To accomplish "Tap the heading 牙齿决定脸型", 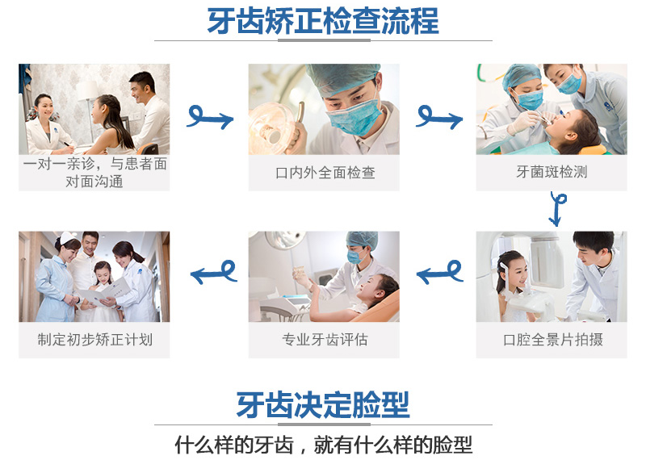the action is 322,404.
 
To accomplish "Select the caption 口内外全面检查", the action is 325,173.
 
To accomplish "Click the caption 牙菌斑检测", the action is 552,172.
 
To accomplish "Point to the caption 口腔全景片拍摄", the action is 553,340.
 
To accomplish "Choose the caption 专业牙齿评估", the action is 325,340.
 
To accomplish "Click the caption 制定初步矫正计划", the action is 94,340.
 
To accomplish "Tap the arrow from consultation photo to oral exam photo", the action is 210,118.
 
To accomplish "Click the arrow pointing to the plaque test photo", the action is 439,118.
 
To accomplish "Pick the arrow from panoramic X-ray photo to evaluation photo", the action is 440,273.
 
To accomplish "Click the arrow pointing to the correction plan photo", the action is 214,273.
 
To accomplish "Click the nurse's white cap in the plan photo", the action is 69,238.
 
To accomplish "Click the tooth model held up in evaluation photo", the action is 299,271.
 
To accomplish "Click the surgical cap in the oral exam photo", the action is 342,78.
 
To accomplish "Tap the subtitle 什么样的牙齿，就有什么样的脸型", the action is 324,445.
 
